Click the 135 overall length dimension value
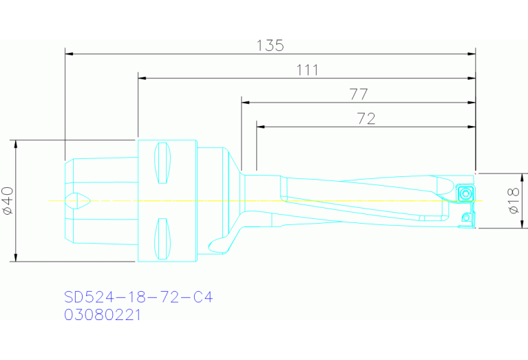click(x=270, y=45)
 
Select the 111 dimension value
click(x=307, y=70)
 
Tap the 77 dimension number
click(x=359, y=94)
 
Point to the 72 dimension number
click(x=366, y=118)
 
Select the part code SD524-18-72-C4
click(x=138, y=297)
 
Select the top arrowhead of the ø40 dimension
click(x=15, y=144)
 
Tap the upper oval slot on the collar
click(x=162, y=163)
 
